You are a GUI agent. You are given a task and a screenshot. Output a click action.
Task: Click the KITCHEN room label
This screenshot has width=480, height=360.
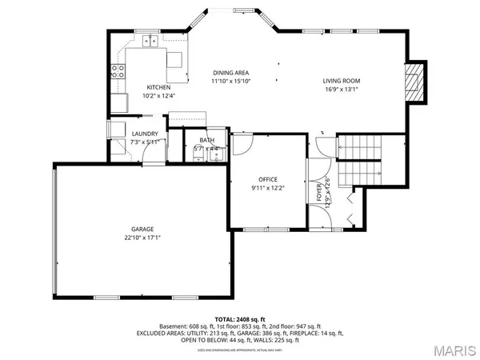[158, 87]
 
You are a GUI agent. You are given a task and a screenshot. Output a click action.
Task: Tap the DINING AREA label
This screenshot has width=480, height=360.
[231, 73]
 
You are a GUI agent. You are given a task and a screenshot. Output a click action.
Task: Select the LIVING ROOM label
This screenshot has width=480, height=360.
[342, 81]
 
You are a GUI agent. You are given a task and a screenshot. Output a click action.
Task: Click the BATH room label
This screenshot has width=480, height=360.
[206, 141]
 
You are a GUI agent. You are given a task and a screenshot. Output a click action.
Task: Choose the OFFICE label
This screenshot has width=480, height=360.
[268, 178]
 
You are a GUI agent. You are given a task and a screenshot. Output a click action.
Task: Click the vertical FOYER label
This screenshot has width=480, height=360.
[319, 192]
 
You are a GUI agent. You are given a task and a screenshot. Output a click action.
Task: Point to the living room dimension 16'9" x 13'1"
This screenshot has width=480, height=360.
[342, 90]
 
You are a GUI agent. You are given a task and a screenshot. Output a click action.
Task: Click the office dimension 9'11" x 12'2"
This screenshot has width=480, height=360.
[268, 187]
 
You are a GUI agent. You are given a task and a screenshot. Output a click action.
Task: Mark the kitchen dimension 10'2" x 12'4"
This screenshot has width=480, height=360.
[158, 96]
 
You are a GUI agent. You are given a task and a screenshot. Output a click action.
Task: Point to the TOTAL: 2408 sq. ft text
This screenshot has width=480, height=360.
[240, 318]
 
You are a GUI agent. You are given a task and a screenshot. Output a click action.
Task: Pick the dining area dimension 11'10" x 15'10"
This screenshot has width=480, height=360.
[231, 82]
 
